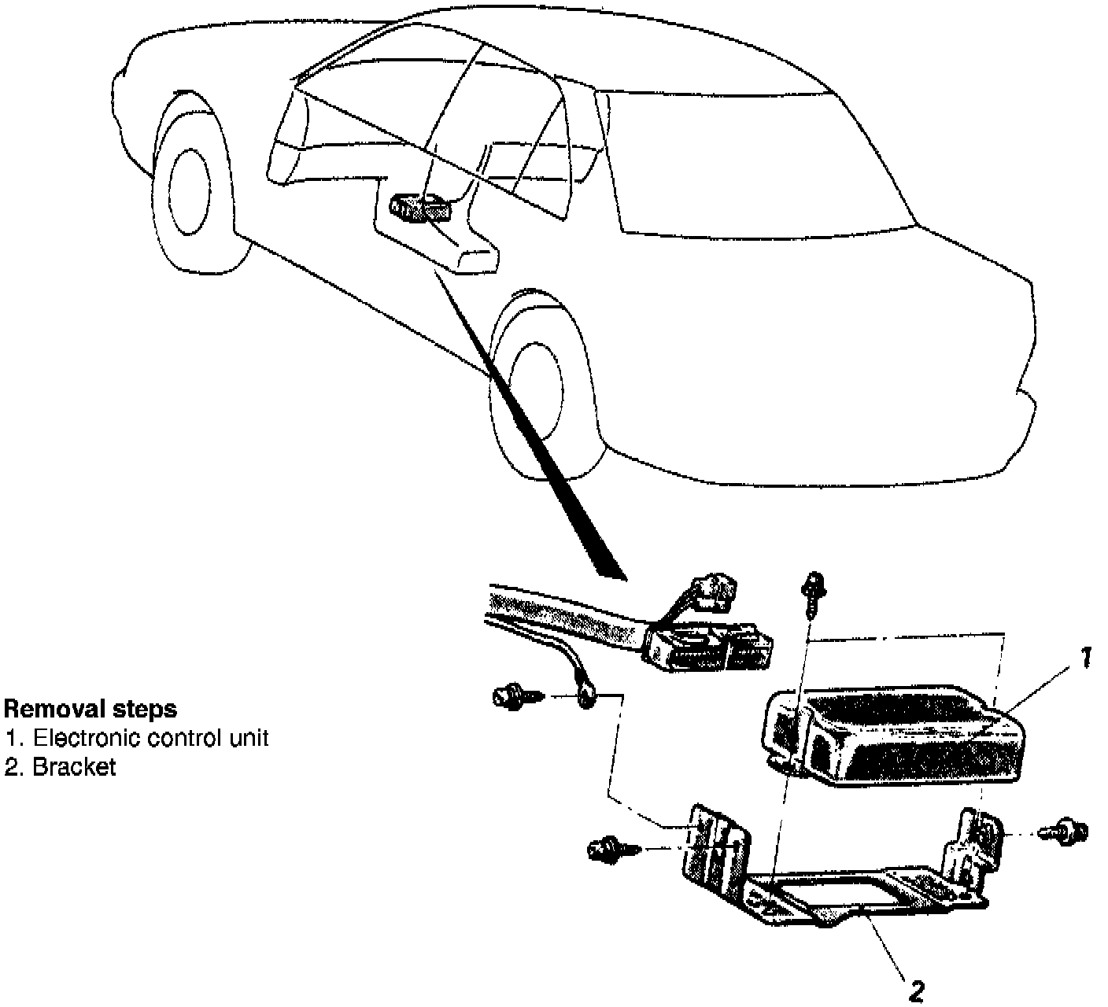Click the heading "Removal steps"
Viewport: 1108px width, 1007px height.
pyautogui.click(x=90, y=709)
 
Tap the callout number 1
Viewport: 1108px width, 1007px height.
pyautogui.click(x=1084, y=658)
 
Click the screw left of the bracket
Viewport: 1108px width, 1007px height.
pyautogui.click(x=609, y=848)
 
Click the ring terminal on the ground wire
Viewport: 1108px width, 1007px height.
pyautogui.click(x=587, y=694)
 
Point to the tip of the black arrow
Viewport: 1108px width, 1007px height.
pyautogui.click(x=625, y=579)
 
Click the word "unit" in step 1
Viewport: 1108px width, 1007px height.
pyautogui.click(x=250, y=738)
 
